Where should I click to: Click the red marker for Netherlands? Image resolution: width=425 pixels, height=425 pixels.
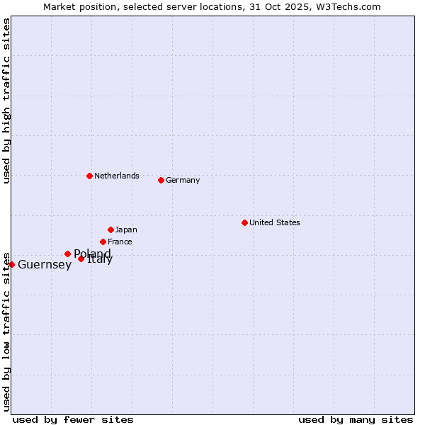(x=89, y=176)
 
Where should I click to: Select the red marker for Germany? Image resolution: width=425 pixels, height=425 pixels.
(x=161, y=180)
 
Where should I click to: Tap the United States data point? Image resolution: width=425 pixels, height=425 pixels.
(x=244, y=222)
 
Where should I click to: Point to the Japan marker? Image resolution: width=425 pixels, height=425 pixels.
(x=110, y=229)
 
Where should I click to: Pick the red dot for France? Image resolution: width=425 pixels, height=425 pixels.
(x=103, y=242)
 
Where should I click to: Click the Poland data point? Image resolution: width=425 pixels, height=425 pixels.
(x=67, y=254)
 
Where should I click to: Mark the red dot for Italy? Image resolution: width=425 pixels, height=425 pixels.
(x=81, y=259)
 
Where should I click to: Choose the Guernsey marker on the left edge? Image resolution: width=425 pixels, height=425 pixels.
(x=11, y=264)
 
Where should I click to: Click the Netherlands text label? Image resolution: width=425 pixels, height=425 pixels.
(x=117, y=176)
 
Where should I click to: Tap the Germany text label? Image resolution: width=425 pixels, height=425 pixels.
(x=183, y=180)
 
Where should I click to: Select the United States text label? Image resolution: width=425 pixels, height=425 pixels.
(x=275, y=222)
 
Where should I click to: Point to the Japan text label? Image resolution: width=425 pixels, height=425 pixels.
(x=126, y=229)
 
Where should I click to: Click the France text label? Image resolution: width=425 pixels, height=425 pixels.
(x=120, y=242)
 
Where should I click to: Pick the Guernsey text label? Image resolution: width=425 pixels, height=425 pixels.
(x=45, y=265)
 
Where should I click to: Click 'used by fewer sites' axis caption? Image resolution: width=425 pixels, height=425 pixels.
(x=73, y=419)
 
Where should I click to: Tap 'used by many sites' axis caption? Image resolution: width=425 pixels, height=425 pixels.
(x=356, y=419)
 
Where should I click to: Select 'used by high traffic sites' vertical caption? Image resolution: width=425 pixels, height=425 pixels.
(x=6, y=101)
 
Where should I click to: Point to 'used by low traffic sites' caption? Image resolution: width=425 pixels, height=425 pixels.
(x=6, y=331)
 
